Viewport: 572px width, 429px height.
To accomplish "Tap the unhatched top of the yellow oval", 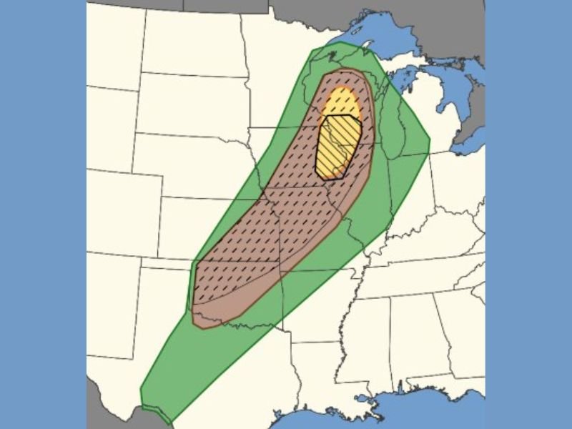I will pyautogui.click(x=339, y=102).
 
